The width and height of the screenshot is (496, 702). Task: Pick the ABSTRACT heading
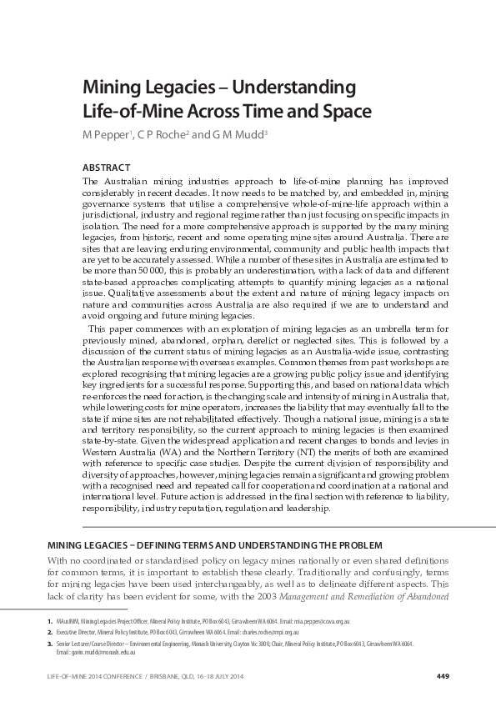pos(107,167)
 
